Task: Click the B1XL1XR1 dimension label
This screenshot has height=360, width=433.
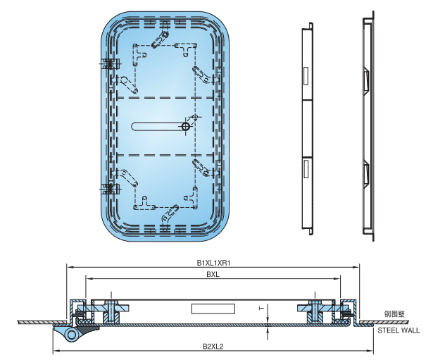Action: (214, 263)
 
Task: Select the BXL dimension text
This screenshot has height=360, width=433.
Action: (213, 275)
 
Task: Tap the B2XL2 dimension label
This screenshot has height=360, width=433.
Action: (213, 347)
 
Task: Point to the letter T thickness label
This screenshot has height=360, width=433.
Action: (261, 308)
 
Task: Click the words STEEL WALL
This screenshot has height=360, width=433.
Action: (398, 330)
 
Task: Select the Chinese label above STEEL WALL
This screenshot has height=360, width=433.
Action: (394, 314)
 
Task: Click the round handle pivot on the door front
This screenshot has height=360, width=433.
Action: (185, 126)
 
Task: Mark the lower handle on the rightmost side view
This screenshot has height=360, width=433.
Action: (366, 173)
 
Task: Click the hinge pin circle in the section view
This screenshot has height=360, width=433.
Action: (70, 335)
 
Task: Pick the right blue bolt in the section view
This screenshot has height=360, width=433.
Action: (315, 308)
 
